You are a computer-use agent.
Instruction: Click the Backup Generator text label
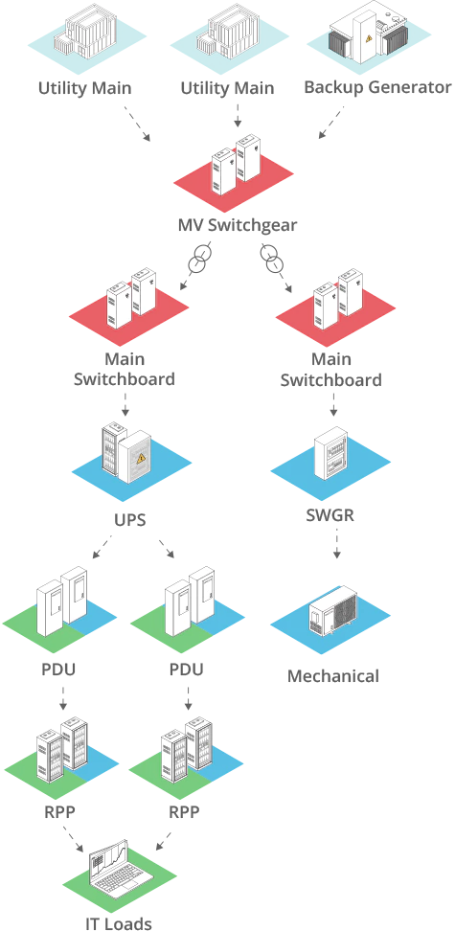(376, 88)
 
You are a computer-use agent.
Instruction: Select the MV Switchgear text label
(238, 226)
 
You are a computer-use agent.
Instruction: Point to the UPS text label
(129, 522)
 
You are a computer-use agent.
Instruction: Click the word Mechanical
(333, 676)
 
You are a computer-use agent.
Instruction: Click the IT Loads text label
(120, 922)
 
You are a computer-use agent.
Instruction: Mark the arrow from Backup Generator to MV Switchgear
(330, 122)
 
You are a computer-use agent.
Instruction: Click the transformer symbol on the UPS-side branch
(201, 259)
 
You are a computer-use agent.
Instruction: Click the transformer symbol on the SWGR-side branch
(271, 257)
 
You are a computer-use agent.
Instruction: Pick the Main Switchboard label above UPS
(124, 370)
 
